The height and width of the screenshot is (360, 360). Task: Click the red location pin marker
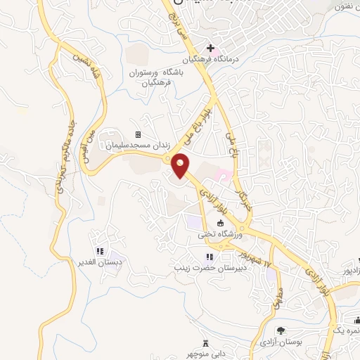181,166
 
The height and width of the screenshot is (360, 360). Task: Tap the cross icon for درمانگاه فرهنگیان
210,47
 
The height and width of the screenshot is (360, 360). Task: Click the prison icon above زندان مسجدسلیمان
138,135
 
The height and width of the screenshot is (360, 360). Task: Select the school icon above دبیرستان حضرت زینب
209,257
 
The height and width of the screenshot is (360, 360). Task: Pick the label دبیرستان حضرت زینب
209,268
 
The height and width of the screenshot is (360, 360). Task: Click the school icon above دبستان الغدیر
100,251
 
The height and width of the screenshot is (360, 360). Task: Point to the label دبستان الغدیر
101,262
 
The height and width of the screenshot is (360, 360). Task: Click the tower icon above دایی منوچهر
205,343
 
